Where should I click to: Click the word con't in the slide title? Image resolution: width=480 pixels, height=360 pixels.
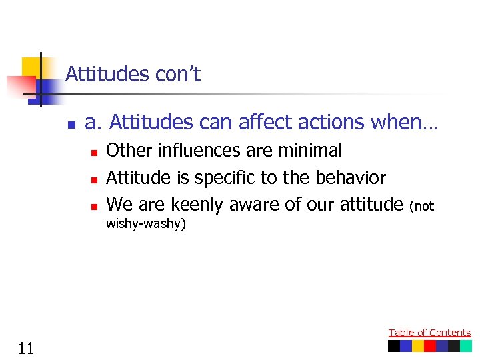[x=178, y=74]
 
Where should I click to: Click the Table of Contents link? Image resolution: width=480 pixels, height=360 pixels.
[x=429, y=332]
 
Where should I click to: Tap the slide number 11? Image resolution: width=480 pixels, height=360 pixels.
[x=27, y=347]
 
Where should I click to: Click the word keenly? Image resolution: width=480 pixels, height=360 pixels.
[x=197, y=205]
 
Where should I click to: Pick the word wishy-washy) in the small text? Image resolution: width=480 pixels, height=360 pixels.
[x=146, y=223]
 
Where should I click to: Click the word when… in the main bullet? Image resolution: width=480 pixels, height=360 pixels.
[x=414, y=123]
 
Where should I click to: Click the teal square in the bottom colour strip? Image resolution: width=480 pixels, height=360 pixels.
[x=466, y=346]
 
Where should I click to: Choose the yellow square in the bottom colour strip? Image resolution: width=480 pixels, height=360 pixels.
[x=418, y=346]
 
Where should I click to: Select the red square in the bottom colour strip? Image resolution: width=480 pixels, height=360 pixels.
[x=430, y=346]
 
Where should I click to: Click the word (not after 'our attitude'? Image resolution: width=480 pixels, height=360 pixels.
[x=422, y=207]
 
